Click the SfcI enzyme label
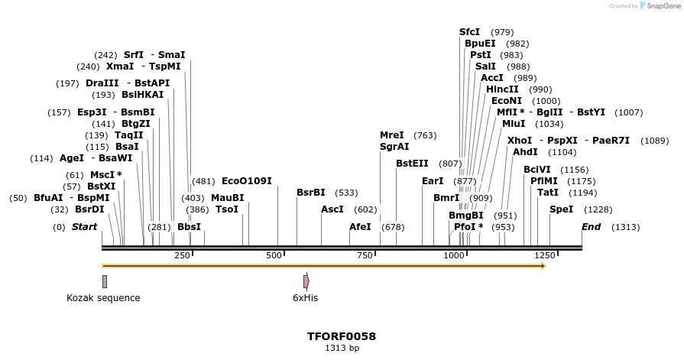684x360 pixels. (x=469, y=32)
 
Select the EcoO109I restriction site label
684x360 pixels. (x=246, y=181)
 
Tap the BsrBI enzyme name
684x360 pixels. (x=310, y=193)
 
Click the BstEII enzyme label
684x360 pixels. (x=412, y=164)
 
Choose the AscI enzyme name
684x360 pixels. (x=332, y=209)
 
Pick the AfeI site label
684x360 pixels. (x=360, y=227)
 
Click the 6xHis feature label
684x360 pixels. (x=305, y=298)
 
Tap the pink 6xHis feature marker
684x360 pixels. (x=306, y=281)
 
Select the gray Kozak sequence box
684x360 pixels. (x=104, y=281)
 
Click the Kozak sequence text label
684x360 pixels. (x=103, y=298)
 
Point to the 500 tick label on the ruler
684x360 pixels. (x=275, y=255)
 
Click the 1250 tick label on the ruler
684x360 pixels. (x=544, y=255)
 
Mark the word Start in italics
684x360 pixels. (x=84, y=227)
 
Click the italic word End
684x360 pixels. (x=591, y=227)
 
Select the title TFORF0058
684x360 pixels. (x=342, y=336)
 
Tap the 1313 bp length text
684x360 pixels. (x=342, y=349)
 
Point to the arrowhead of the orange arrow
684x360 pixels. (x=542, y=266)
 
